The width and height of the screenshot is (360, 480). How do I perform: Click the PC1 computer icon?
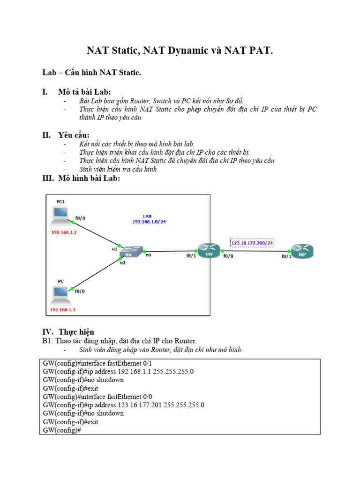[60, 215]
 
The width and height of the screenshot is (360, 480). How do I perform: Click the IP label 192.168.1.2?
[64, 232]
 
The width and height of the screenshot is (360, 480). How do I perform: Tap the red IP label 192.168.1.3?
[63, 310]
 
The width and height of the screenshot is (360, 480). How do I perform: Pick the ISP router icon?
[302, 251]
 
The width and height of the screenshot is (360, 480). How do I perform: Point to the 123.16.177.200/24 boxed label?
[252, 243]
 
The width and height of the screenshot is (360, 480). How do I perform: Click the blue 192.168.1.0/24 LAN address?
[149, 221]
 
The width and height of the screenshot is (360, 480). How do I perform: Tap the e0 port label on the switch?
[148, 255]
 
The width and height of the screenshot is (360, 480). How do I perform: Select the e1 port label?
[114, 249]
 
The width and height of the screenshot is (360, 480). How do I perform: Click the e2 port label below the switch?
[123, 263]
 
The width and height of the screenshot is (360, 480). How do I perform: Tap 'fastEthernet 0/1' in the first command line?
[127, 363]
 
